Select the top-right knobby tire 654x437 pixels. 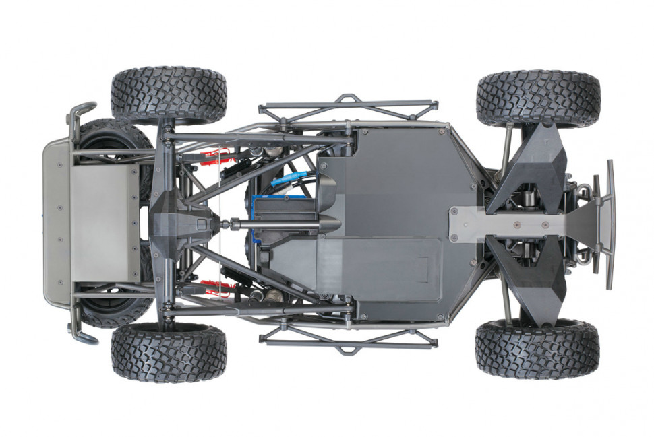(x=537, y=98)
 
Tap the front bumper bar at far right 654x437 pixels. (x=611, y=222)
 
